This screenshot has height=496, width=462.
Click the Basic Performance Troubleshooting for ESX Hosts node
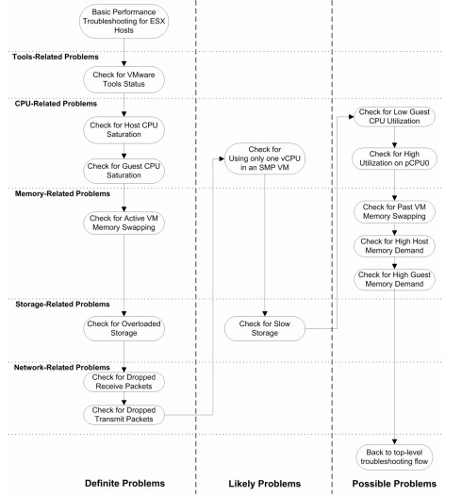[124, 21]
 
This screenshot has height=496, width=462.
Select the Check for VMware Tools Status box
[124, 79]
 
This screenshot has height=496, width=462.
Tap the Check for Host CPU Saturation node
[124, 130]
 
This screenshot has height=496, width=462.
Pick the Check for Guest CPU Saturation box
[124, 171]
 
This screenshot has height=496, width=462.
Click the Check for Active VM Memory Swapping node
[124, 223]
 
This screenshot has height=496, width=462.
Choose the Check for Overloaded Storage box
[124, 328]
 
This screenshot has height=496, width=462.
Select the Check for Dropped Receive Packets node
[124, 382]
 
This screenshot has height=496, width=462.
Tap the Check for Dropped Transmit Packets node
[124, 415]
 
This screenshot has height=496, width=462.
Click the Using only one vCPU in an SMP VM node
[265, 158]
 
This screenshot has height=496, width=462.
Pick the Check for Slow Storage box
[265, 328]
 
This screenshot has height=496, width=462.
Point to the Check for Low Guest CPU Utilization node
[394, 116]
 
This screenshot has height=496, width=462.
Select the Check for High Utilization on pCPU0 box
[394, 158]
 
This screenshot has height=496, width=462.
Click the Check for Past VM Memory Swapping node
[394, 211]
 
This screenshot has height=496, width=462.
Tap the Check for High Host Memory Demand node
[394, 246]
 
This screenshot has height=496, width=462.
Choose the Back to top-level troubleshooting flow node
[394, 456]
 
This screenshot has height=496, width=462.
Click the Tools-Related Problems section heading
[56, 57]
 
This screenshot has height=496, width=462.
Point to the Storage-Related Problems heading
[62, 305]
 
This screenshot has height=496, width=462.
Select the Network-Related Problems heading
[62, 368]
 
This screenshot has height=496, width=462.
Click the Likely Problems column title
[265, 484]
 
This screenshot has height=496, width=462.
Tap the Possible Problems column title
[394, 484]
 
